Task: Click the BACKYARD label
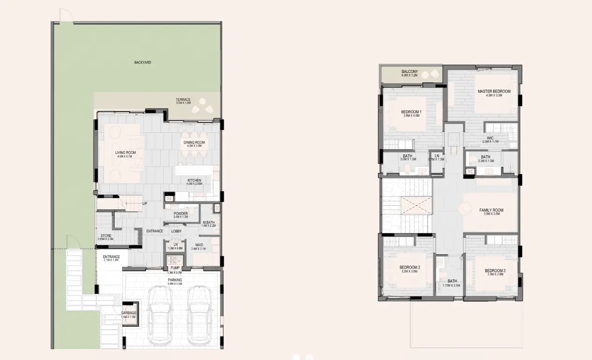(x=143, y=62)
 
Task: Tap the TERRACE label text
(x=183, y=100)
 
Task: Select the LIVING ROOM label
(x=125, y=152)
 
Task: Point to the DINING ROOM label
(x=194, y=143)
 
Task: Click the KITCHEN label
(x=194, y=180)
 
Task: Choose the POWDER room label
(x=180, y=214)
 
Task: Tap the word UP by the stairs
(x=145, y=203)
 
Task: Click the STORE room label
(x=106, y=236)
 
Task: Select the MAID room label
(x=199, y=245)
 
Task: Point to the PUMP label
(x=175, y=268)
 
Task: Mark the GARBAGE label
(x=129, y=313)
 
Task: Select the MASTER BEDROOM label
(x=494, y=91)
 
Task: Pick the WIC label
(x=490, y=138)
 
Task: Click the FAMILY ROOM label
(x=491, y=210)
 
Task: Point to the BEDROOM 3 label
(x=495, y=271)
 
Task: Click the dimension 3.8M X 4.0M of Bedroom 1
(x=411, y=115)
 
